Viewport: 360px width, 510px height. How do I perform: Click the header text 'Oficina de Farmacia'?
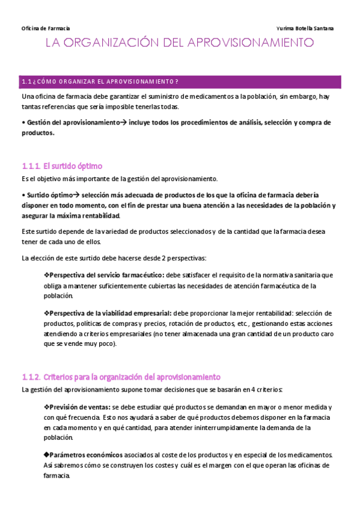click(x=46, y=28)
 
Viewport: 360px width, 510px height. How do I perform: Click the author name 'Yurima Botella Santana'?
click(x=305, y=28)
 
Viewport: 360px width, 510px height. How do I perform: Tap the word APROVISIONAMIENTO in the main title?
click(x=252, y=43)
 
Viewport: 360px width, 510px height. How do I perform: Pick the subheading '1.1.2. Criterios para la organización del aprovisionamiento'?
click(x=121, y=377)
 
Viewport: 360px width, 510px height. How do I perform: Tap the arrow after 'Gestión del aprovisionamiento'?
click(x=124, y=122)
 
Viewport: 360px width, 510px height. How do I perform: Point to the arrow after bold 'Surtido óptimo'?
click(x=76, y=195)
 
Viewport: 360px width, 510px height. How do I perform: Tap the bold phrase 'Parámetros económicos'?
click(x=85, y=455)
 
